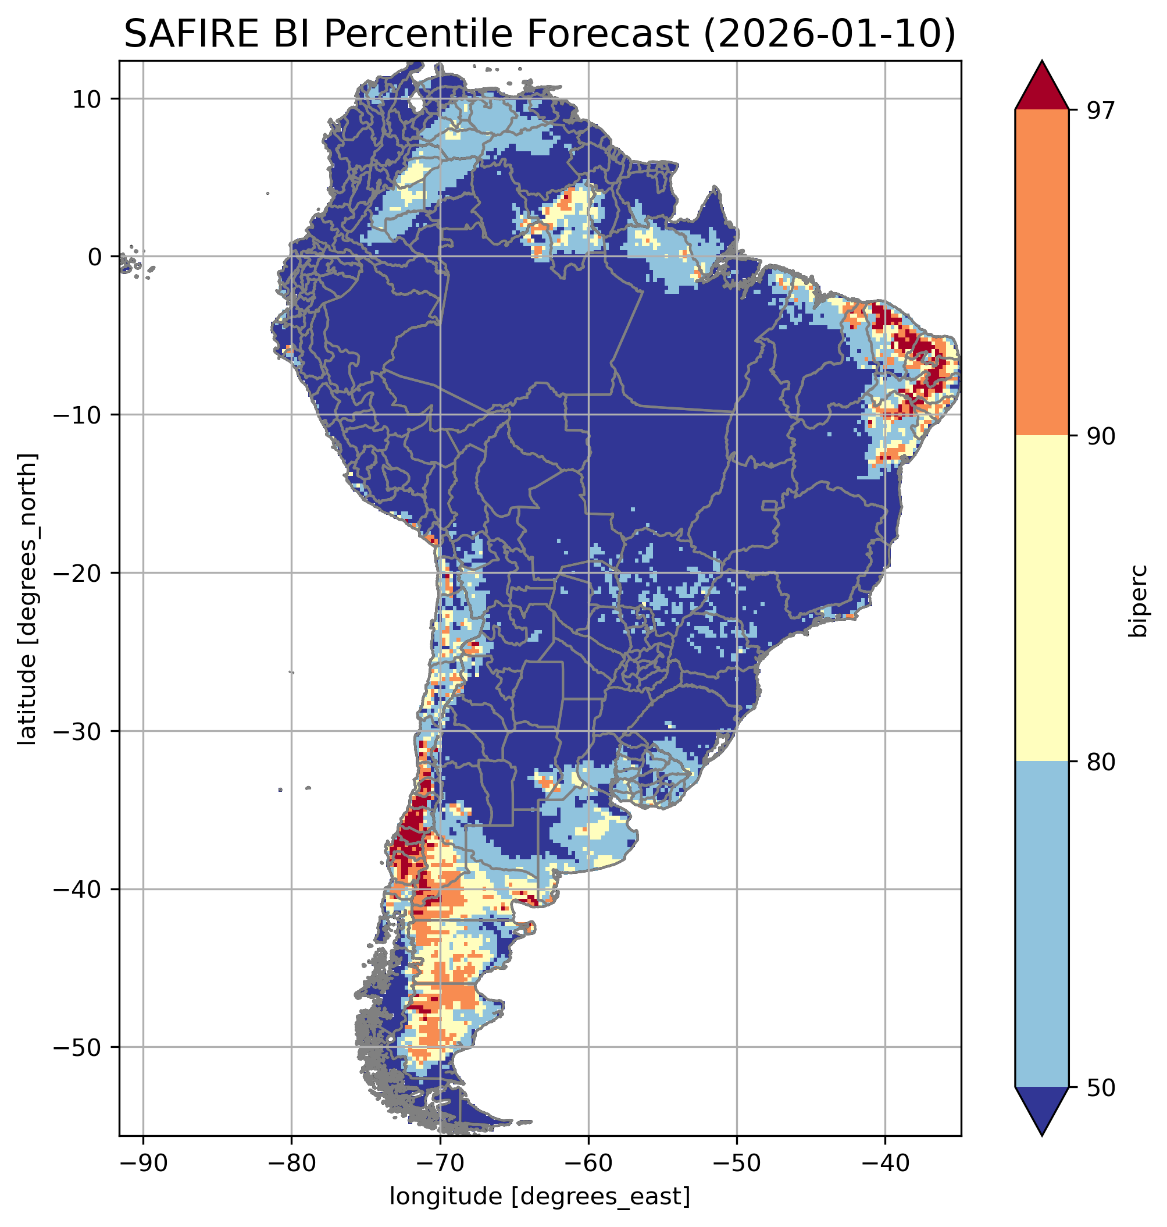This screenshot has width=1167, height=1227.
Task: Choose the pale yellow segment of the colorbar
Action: (x=1042, y=599)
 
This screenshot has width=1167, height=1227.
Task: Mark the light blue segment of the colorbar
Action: (x=1042, y=925)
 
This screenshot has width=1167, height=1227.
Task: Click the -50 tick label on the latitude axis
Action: (x=78, y=1048)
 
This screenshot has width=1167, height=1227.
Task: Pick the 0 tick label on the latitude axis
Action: (x=95, y=257)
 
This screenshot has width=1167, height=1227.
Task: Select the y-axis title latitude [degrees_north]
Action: (x=27, y=599)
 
